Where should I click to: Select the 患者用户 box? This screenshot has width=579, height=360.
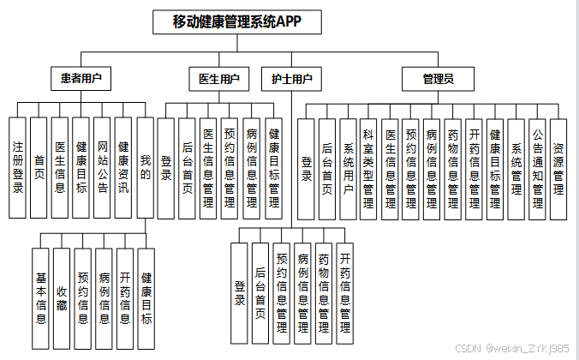coord(81,79)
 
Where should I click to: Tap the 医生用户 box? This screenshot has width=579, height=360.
coord(218,79)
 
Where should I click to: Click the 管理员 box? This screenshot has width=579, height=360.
coord(438,79)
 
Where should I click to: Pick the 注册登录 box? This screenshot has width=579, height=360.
coord(17,167)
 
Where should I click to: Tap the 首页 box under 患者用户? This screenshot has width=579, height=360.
coord(39,167)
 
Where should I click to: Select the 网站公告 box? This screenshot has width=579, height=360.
coord(103,167)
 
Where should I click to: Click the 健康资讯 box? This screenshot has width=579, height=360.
coord(124,167)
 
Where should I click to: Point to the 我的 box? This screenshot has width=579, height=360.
coord(146,167)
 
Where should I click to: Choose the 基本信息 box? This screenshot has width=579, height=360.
coord(40,299)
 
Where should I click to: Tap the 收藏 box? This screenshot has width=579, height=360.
coord(62,299)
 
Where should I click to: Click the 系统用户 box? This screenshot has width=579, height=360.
coord(348,167)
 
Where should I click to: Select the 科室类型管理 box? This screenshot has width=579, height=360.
coord(369,167)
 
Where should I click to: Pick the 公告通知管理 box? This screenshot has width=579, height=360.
coord(537,167)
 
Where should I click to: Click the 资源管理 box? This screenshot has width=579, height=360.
coord(558,167)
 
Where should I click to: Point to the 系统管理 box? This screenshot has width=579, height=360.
coord(516,167)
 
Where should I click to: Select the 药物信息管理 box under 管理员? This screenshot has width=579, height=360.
coord(453,167)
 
